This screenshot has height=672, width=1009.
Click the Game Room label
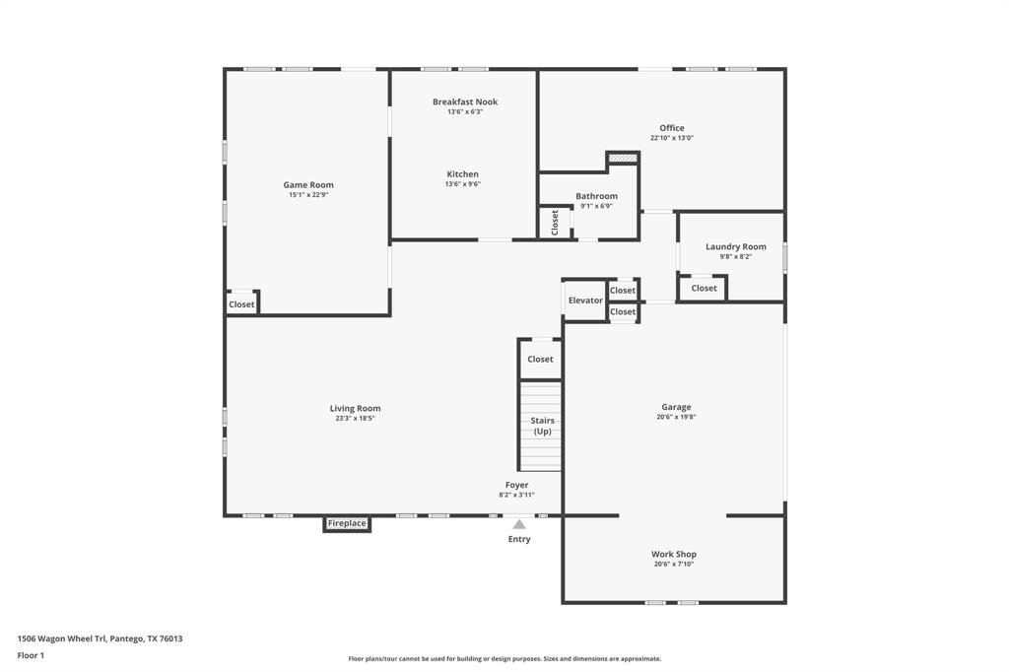tap(308, 185)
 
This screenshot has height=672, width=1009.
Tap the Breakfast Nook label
tap(465, 101)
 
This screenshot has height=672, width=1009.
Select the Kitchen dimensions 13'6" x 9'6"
tap(463, 184)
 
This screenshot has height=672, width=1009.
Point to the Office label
tap(672, 128)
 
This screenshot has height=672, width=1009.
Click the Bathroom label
tap(596, 196)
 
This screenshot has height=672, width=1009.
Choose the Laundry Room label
tap(735, 246)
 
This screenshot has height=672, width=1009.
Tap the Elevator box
tap(585, 301)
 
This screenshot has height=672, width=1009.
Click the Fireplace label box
tap(347, 523)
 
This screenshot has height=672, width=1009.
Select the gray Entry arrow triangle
tap(519, 524)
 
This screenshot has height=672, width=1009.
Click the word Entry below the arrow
tap(519, 539)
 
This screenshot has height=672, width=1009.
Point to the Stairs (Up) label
tap(542, 427)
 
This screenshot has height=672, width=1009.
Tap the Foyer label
tap(517, 485)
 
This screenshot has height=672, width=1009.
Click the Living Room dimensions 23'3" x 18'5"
tap(355, 419)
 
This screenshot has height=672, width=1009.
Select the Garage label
tap(676, 407)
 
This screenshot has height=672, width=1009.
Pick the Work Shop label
tap(674, 554)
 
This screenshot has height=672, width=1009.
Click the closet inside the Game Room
tap(241, 304)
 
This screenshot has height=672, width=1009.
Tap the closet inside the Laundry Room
tap(704, 288)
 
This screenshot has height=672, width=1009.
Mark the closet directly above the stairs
tap(540, 360)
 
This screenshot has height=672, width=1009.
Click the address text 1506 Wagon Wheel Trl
tap(100, 638)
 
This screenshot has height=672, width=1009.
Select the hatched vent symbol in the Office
tap(622, 157)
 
